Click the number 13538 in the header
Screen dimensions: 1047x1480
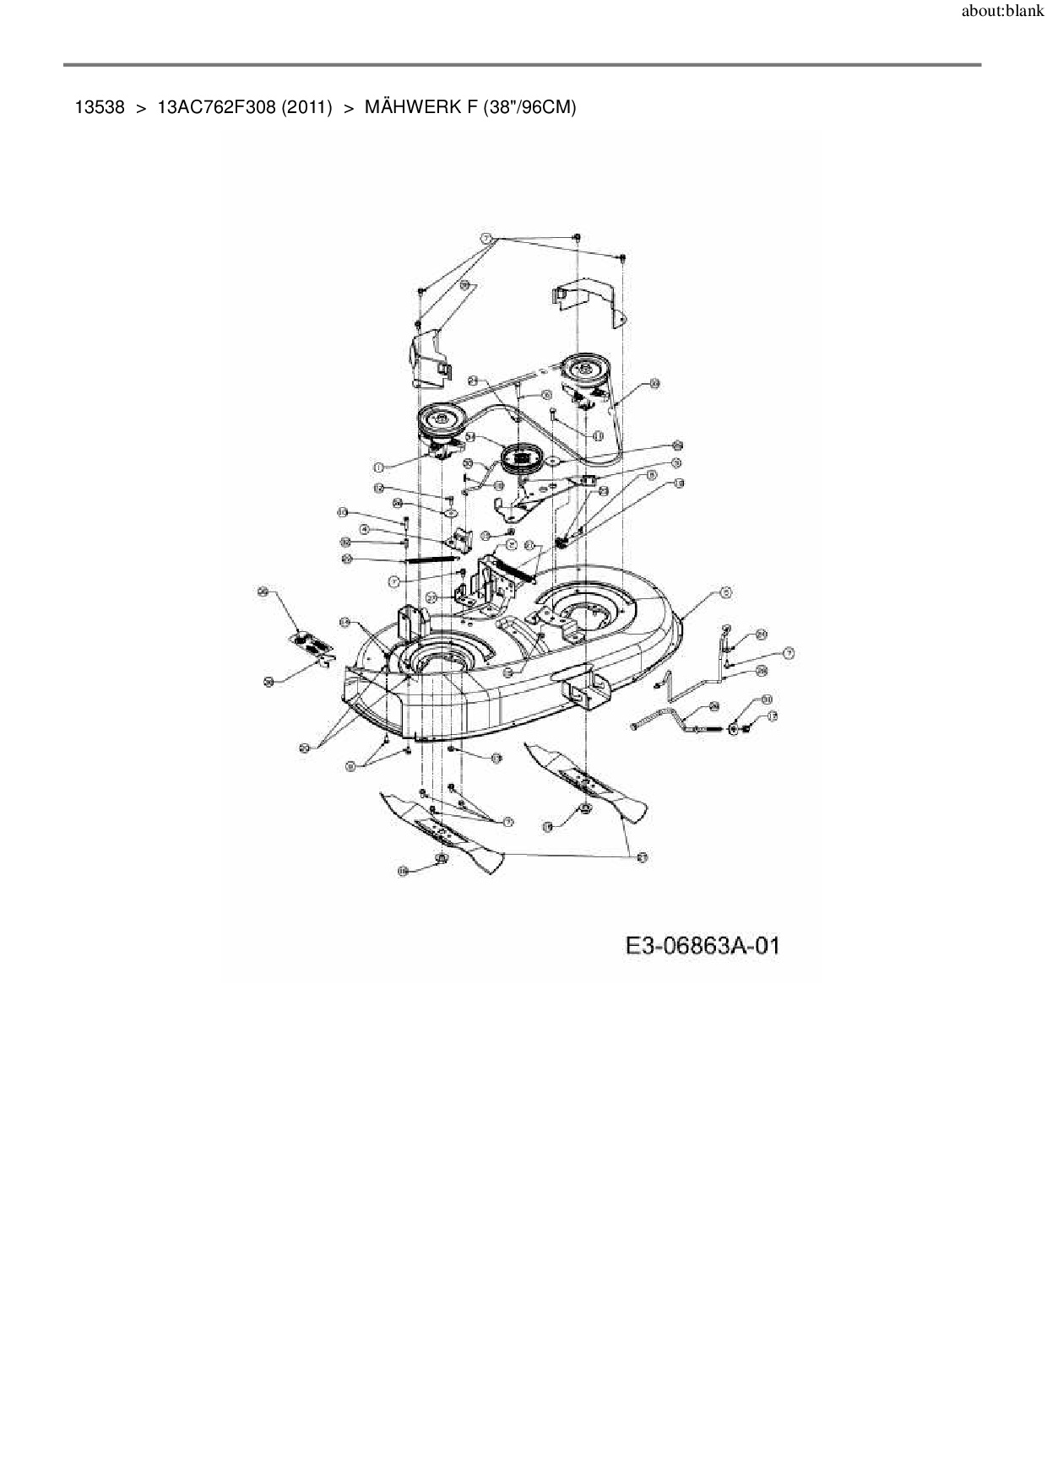coord(100,108)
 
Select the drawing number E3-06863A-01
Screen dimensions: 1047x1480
coord(703,945)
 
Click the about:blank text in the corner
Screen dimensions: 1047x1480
coord(1002,13)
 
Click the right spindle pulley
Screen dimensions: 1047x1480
coord(583,369)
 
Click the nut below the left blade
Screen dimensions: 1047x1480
coord(440,859)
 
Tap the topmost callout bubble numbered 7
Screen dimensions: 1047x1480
coord(486,239)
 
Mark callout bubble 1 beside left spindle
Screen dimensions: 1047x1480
coord(379,467)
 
